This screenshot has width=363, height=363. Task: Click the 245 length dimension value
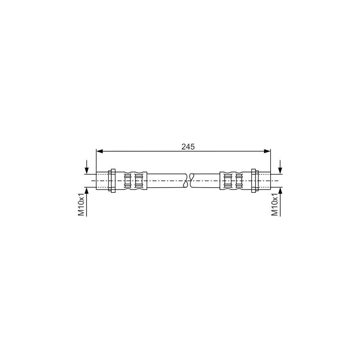(x=188, y=147)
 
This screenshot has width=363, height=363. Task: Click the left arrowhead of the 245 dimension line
(x=99, y=151)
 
